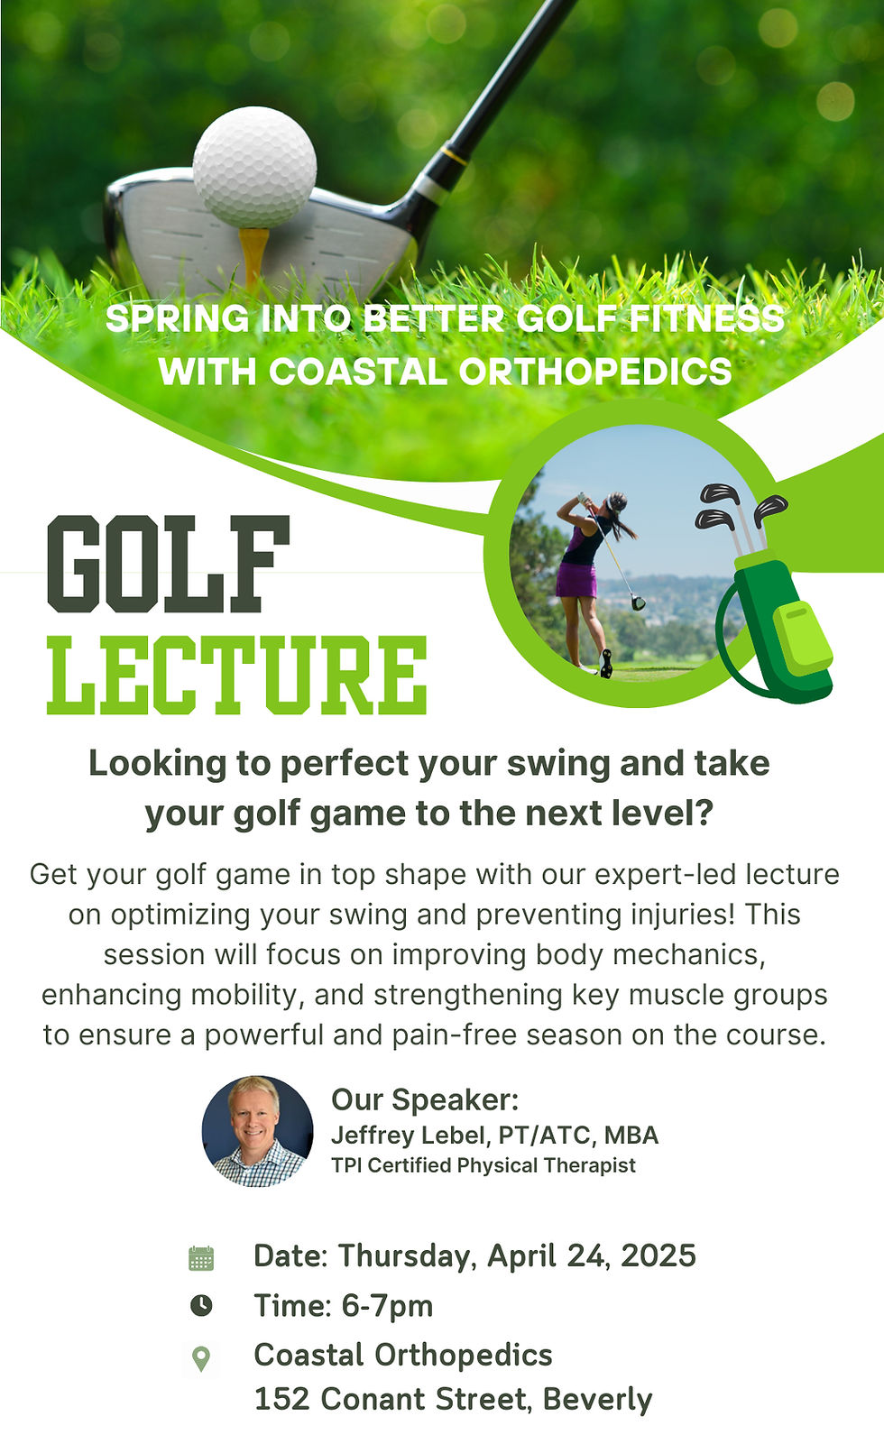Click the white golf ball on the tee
[254, 167]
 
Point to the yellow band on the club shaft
[456, 155]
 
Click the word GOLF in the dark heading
[169, 565]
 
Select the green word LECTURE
[236, 675]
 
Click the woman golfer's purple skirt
[576, 580]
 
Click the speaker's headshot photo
[257, 1131]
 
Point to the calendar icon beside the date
[201, 1258]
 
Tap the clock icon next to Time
[201, 1305]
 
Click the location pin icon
[201, 1358]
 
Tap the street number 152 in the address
[282, 1399]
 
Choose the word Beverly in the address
[597, 1399]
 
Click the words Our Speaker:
[425, 1099]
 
